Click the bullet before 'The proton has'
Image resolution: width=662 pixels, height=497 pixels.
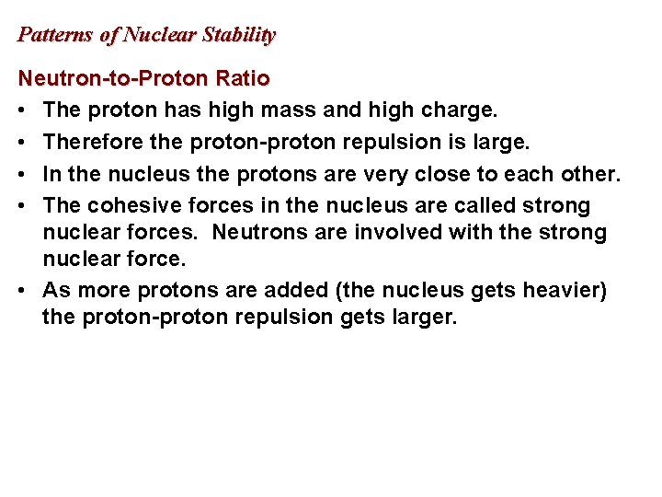[22, 110]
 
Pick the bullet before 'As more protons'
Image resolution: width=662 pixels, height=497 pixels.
[22, 290]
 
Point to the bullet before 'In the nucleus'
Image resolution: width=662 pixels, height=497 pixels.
[22, 173]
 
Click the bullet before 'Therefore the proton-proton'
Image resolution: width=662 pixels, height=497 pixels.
[22, 142]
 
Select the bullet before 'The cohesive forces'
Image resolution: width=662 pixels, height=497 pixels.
[22, 204]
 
